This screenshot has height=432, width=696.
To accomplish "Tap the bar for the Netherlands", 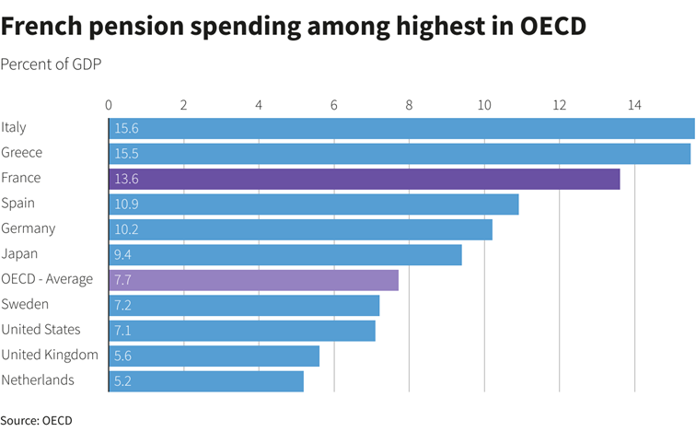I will pyautogui.click(x=206, y=381).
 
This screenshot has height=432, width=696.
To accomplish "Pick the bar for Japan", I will pyautogui.click(x=285, y=255).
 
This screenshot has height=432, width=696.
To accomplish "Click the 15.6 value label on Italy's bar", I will pyautogui.click(x=126, y=129).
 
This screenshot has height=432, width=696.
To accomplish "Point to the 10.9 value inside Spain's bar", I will pyautogui.click(x=126, y=204).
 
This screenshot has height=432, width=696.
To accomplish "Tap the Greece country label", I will pyautogui.click(x=22, y=153).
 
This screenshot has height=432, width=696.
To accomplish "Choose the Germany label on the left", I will pyautogui.click(x=29, y=228).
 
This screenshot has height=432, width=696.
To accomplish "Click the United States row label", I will pyautogui.click(x=41, y=330).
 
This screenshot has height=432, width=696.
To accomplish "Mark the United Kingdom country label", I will pyautogui.click(x=50, y=355).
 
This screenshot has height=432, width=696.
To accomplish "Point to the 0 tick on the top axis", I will pyautogui.click(x=109, y=105).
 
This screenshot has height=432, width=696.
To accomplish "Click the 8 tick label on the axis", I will pyautogui.click(x=409, y=105).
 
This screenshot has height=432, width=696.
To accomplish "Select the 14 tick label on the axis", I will pyautogui.click(x=633, y=105).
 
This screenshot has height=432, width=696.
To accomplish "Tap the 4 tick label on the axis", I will pyautogui.click(x=259, y=105).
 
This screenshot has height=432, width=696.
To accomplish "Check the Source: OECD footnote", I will pyautogui.click(x=36, y=420).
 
